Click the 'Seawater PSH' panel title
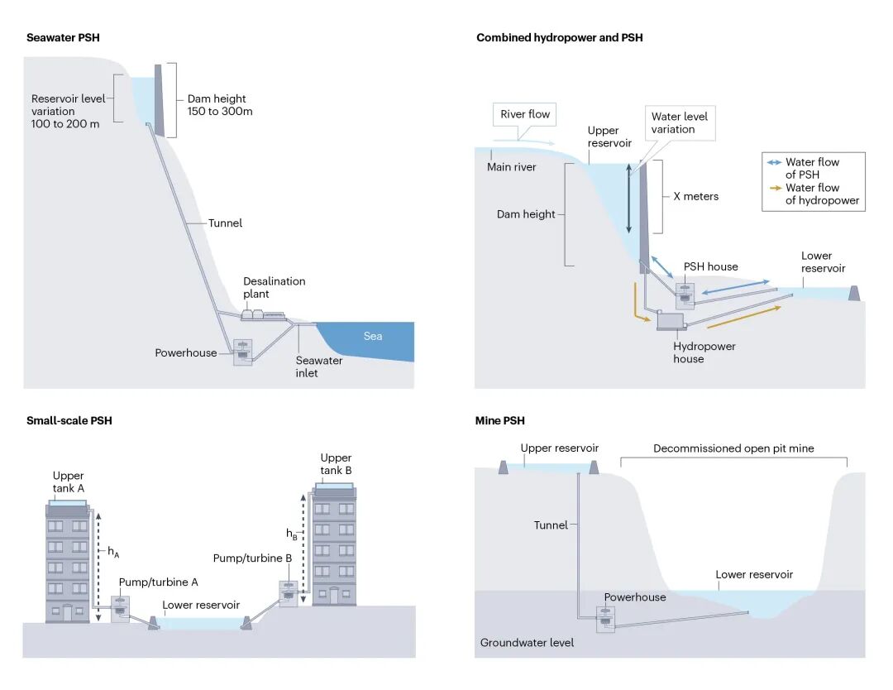(x=63, y=37)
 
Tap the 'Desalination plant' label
(x=274, y=287)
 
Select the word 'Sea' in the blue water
(x=373, y=336)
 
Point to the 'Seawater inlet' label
(x=319, y=367)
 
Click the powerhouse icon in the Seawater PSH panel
(x=243, y=352)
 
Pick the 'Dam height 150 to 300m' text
(x=220, y=105)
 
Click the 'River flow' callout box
(x=524, y=114)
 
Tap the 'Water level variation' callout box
(x=680, y=122)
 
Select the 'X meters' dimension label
(x=696, y=196)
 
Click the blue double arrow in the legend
(x=774, y=162)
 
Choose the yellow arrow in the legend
(x=775, y=188)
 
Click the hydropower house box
(x=671, y=321)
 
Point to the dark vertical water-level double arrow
(x=628, y=199)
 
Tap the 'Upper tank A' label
(x=69, y=482)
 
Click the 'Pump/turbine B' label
(x=252, y=558)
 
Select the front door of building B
(x=334, y=596)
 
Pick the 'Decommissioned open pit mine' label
(x=733, y=448)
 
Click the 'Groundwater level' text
(x=527, y=643)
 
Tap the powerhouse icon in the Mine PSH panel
(x=605, y=620)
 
